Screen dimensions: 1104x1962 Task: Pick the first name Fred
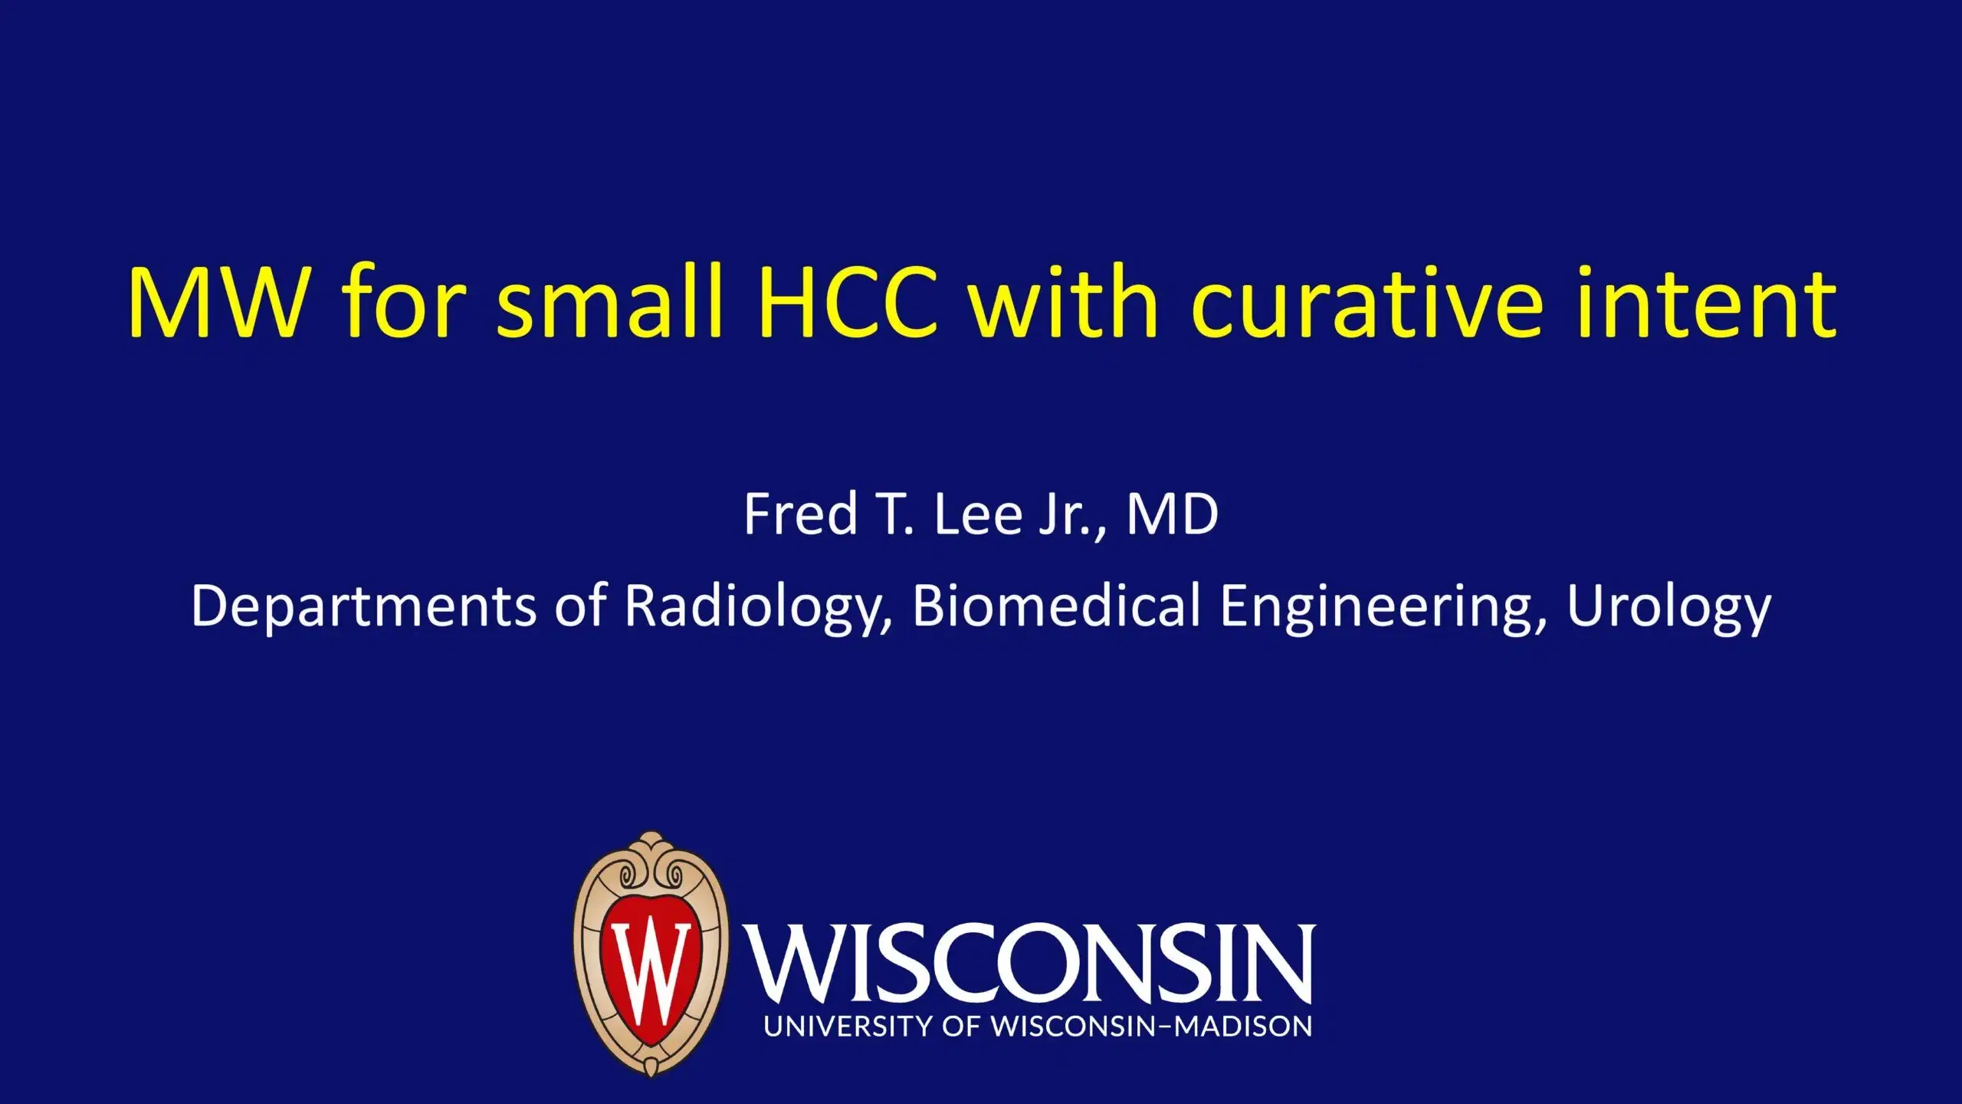[x=800, y=514]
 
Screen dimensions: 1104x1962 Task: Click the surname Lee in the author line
[x=977, y=514]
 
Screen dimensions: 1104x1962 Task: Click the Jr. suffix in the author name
[x=1070, y=514]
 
